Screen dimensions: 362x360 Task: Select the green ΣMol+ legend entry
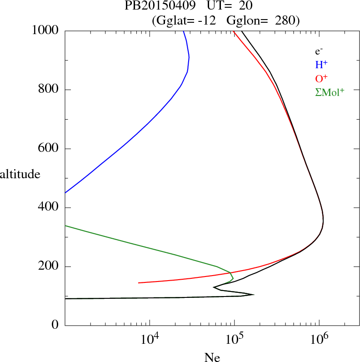(330, 92)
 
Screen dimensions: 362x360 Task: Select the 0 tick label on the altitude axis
(55, 326)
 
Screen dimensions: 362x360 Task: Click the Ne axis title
(212, 357)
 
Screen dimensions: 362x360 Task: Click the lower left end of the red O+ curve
(139, 283)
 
